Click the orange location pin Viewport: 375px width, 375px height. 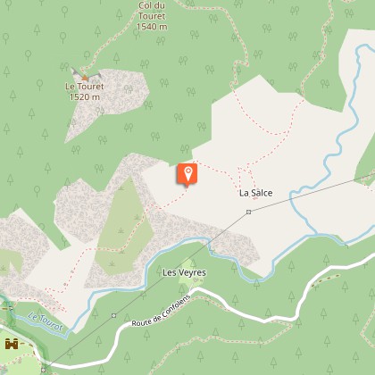point(187,175)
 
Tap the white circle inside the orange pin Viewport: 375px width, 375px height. point(187,171)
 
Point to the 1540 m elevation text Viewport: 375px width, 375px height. point(152,27)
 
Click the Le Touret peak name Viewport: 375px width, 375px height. point(84,87)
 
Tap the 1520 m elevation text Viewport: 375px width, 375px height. point(84,96)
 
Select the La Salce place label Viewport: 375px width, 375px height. point(254,193)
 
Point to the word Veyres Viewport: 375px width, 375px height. point(193,271)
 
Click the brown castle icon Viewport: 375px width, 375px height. point(12,344)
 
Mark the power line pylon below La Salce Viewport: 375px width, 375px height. point(249,212)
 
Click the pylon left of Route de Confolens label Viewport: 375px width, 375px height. point(114,315)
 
